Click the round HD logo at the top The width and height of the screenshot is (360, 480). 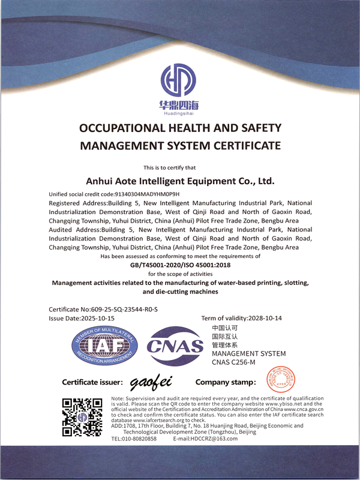pyautogui.click(x=179, y=80)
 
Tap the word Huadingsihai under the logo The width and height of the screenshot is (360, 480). pyautogui.click(x=179, y=112)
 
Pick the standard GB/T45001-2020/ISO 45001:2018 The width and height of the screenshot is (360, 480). pyautogui.click(x=180, y=265)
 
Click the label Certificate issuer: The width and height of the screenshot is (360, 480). pyautogui.click(x=92, y=382)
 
